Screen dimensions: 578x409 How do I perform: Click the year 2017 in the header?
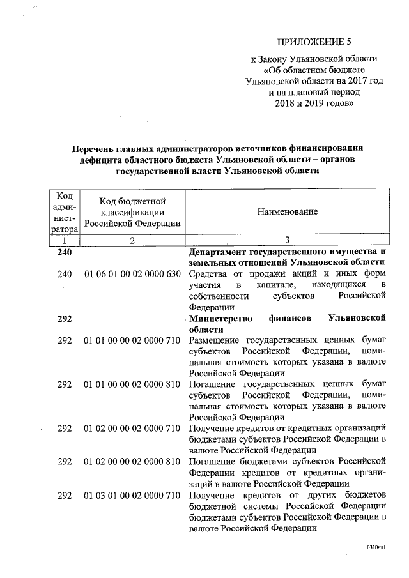[x=349, y=81]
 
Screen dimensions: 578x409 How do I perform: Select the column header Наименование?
[x=288, y=211]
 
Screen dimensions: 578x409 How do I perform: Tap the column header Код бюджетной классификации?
[x=132, y=211]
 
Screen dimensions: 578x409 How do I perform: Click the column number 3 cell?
[x=288, y=240]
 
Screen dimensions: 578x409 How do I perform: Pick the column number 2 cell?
[x=132, y=240]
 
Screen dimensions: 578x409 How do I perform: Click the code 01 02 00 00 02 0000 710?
[x=132, y=428]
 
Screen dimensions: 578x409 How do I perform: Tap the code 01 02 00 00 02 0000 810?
[x=132, y=461]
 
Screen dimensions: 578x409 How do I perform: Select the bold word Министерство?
[x=222, y=318]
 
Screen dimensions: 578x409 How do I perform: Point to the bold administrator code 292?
[x=65, y=318]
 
